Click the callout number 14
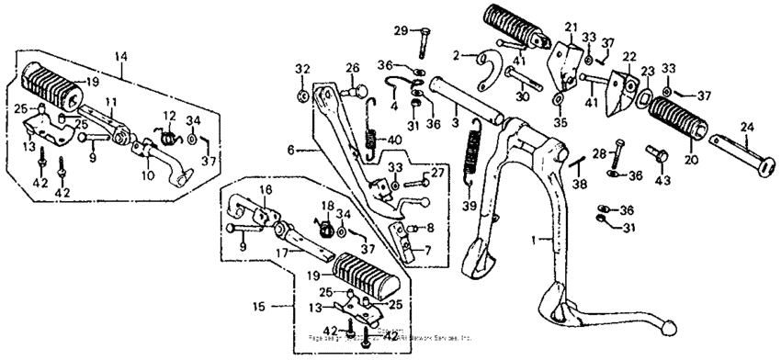pos(119,56)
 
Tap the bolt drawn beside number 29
pos(425,42)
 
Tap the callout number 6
pos(291,149)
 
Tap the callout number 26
pos(352,67)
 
